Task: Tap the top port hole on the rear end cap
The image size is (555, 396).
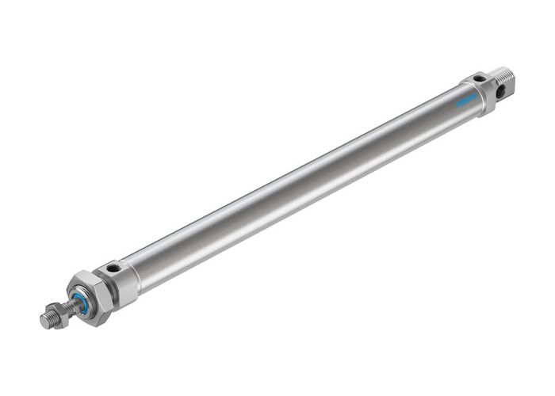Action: tap(478, 78)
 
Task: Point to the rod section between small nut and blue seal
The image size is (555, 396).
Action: tap(68, 306)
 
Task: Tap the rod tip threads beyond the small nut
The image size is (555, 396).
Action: tap(48, 318)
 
